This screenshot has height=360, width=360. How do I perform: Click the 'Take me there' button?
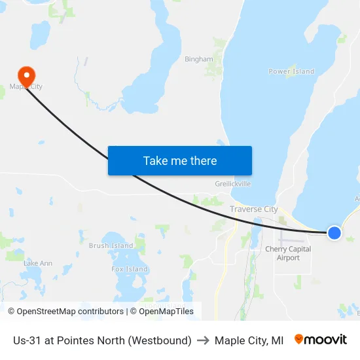tap(180, 161)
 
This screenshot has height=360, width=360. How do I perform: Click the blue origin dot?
tap(334, 232)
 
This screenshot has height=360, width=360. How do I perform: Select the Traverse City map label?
tap(254, 209)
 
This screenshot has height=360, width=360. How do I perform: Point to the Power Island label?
tap(291, 71)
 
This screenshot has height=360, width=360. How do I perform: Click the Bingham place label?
tap(198, 59)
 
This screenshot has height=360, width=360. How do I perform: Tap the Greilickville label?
tap(233, 184)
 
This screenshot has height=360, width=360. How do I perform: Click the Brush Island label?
tap(111, 246)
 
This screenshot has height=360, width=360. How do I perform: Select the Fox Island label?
tap(129, 269)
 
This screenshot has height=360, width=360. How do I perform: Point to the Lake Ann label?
tap(37, 263)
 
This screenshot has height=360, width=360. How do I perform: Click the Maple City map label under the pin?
tap(26, 86)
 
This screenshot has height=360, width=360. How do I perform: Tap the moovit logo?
tap(320, 340)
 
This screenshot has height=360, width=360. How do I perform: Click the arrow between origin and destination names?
tap(203, 340)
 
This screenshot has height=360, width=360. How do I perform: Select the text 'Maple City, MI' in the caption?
tap(249, 340)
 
